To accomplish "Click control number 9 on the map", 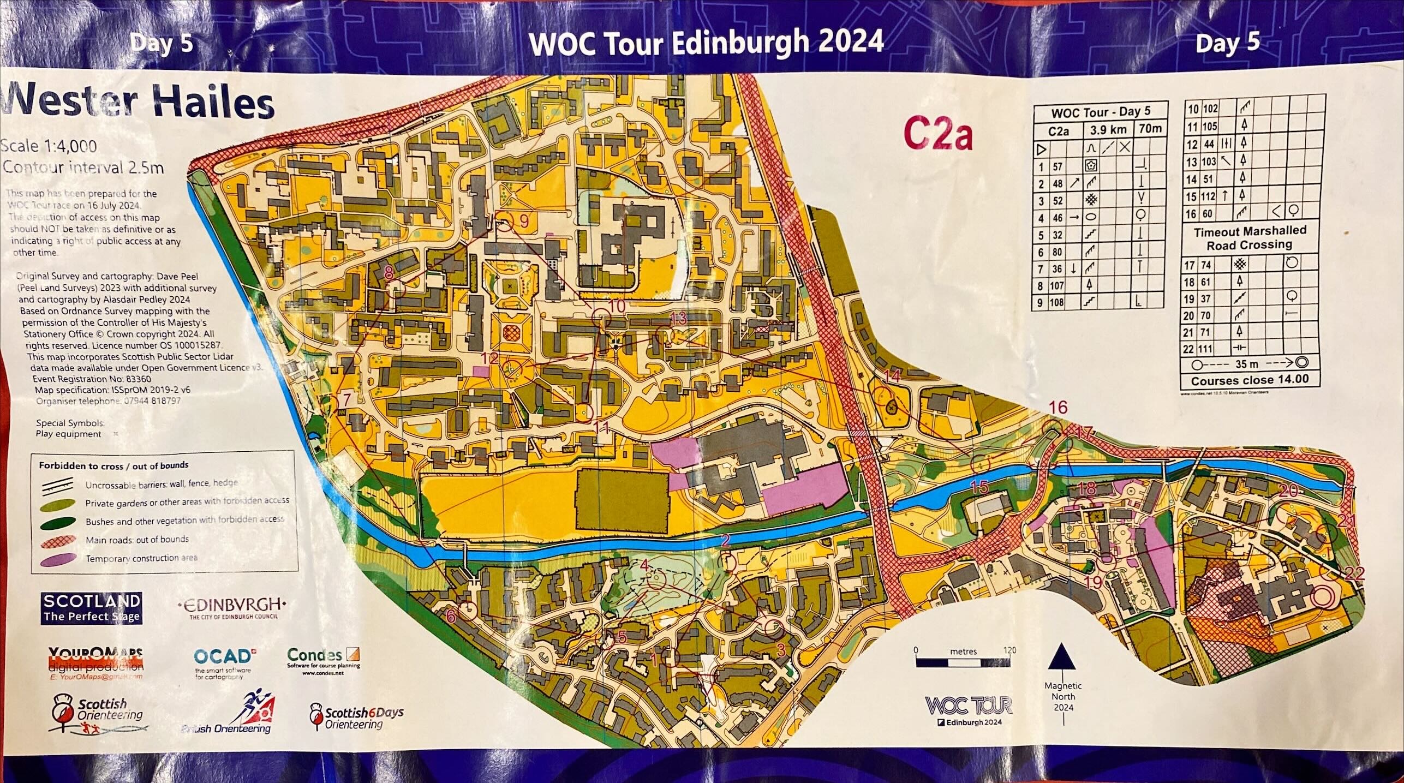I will click(x=524, y=222).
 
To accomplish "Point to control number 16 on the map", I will click(x=1058, y=407).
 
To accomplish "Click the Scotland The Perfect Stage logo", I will click(x=91, y=608).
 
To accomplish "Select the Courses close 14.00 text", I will click(x=1250, y=380).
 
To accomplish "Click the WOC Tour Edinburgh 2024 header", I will click(x=706, y=43).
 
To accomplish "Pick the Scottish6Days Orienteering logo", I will click(x=357, y=718).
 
